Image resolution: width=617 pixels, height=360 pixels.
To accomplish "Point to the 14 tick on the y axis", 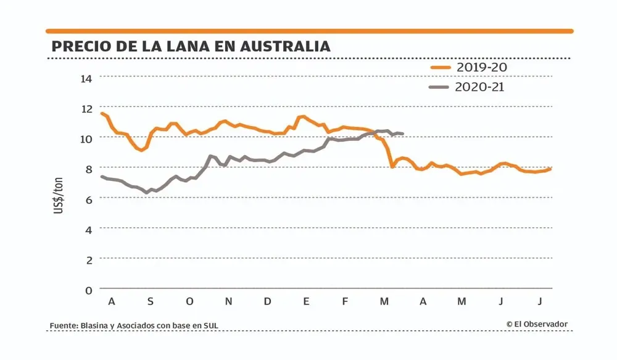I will click(86, 78).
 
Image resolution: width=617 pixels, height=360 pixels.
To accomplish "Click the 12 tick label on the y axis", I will click(86, 108).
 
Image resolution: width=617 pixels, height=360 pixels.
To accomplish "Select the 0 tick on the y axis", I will click(88, 290).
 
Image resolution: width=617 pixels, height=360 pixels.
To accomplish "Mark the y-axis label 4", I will click(88, 229).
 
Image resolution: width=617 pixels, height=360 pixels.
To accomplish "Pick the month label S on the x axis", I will click(150, 301).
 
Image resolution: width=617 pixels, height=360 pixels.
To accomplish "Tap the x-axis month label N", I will click(228, 301).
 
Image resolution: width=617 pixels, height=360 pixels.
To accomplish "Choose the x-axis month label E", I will click(306, 301).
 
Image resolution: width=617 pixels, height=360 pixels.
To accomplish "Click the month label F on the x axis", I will click(345, 301).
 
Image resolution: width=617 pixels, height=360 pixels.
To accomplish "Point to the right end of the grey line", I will click(402, 133).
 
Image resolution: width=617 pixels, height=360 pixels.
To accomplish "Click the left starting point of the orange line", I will click(102, 114).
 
